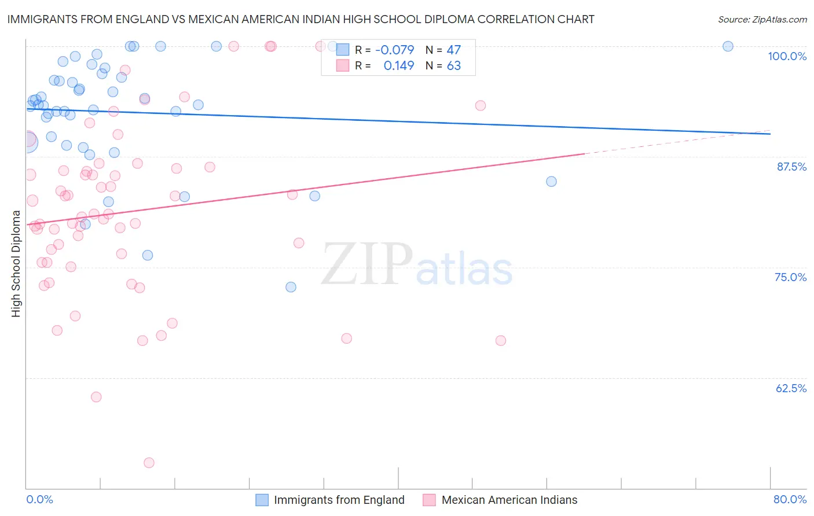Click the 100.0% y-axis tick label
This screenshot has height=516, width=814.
point(787,56)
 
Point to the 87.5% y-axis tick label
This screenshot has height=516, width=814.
point(791,167)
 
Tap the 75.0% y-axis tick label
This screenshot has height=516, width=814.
point(790,277)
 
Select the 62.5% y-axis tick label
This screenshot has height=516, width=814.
point(791,388)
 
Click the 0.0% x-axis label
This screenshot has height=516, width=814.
point(39,499)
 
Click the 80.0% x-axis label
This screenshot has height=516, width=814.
point(790,499)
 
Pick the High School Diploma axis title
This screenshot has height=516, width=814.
point(16,263)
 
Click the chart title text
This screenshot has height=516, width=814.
point(300,19)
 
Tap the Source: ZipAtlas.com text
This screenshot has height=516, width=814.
point(762,19)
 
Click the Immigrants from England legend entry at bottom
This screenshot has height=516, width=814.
point(339,500)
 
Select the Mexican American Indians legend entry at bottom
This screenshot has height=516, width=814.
point(509,500)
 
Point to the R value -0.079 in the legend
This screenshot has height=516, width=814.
point(395,50)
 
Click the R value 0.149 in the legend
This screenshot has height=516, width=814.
point(399,65)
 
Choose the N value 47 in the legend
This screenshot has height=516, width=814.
point(453,50)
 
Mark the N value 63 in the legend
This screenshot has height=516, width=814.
point(453,65)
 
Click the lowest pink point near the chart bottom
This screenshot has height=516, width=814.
point(149,463)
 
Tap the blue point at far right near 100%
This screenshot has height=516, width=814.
point(728,46)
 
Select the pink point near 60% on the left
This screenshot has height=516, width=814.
point(96,397)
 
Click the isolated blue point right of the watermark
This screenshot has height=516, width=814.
point(551,182)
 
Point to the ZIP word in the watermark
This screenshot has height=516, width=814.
point(367,264)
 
